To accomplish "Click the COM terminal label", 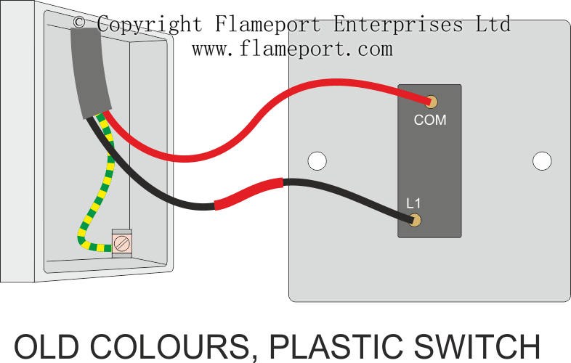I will pyautogui.click(x=429, y=120).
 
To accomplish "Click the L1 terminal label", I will pyautogui.click(x=413, y=203).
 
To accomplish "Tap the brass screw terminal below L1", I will pyautogui.click(x=416, y=220).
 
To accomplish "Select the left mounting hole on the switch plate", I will pyautogui.click(x=316, y=160).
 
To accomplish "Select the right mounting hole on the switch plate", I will pyautogui.click(x=542, y=160).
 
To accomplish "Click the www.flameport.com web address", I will pyautogui.click(x=292, y=49).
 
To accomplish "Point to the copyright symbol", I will pyautogui.click(x=80, y=24).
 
